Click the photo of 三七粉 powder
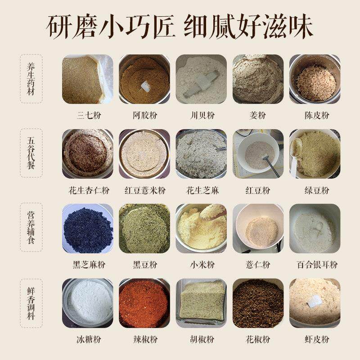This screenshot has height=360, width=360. point(87,79)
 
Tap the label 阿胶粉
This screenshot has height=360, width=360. point(144,115)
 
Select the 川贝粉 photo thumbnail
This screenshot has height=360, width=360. point(201,79)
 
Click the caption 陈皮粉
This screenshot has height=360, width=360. point(315,115)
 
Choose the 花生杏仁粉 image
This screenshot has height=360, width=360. point(87,153)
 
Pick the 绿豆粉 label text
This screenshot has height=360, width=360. point(315,190)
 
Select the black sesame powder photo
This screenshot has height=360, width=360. point(87,228)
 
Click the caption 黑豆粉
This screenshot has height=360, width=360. point(144,265)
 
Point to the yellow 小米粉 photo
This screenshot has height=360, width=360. point(201,228)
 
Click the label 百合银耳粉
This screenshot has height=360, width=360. point(315,265)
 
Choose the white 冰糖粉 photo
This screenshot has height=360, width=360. point(87,302)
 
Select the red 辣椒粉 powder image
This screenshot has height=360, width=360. point(144,302)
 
